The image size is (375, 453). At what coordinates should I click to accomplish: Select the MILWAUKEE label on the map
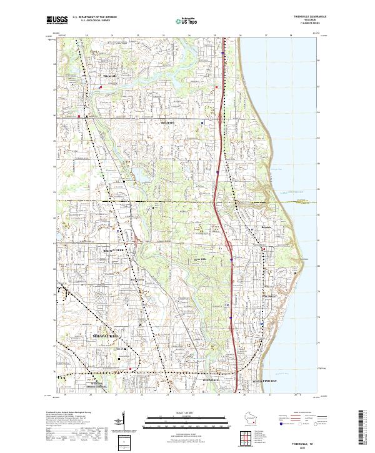coord(109,336)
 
